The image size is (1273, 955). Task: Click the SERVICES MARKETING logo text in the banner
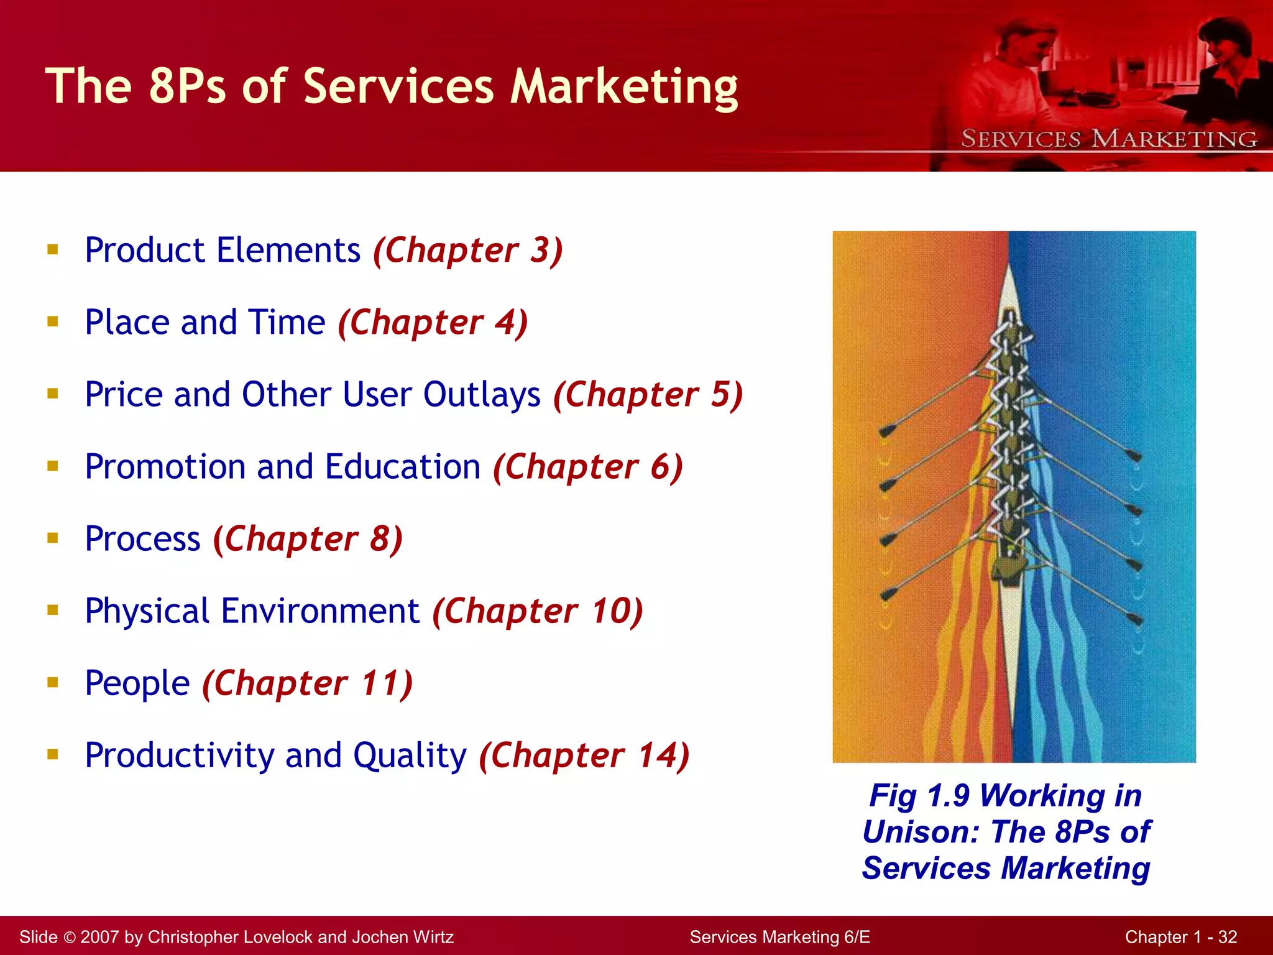pyautogui.click(x=1109, y=139)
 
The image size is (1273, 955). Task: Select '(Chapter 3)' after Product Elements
pyautogui.click(x=468, y=251)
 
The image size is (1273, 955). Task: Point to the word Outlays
pyautogui.click(x=482, y=395)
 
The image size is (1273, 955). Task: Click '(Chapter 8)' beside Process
pyautogui.click(x=308, y=539)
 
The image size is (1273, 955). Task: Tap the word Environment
pyautogui.click(x=320, y=611)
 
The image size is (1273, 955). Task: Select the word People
pyautogui.click(x=137, y=683)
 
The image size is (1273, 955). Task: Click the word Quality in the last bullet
pyautogui.click(x=410, y=755)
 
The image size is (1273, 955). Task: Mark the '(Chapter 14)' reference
pyautogui.click(x=584, y=755)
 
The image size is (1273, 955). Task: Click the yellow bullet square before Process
pyautogui.click(x=53, y=538)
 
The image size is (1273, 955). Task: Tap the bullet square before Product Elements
pyautogui.click(x=53, y=250)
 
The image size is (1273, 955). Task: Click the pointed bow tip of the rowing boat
pyautogui.click(x=1009, y=269)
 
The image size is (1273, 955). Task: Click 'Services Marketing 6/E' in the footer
pyautogui.click(x=779, y=937)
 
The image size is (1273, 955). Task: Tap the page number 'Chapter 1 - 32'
pyautogui.click(x=1180, y=937)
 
